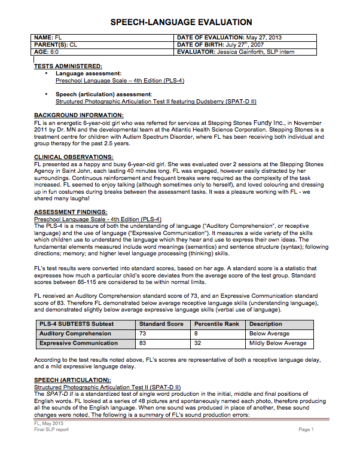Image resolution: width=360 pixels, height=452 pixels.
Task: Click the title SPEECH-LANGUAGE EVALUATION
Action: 181,22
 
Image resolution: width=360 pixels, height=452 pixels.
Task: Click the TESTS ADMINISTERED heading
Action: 68,66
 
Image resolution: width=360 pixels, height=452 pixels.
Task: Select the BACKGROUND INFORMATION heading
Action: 78,114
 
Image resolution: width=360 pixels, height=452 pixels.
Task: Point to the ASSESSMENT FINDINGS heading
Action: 71,212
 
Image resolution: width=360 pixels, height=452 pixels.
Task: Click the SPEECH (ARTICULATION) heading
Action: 72,380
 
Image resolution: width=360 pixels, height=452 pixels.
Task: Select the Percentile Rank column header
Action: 216,324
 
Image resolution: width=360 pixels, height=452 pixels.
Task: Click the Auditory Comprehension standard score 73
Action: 143,334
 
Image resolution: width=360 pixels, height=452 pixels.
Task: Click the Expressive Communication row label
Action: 78,343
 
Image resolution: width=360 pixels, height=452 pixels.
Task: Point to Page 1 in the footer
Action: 306,429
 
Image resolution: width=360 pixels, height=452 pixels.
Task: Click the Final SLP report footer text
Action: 51,429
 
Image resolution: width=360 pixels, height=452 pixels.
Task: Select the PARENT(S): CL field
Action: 56,45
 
